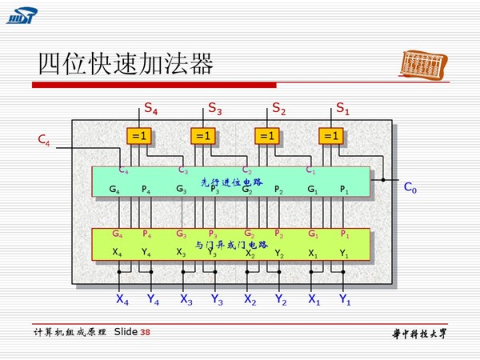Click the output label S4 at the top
pos(150,107)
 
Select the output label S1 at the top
pos(342,107)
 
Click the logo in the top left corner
pos(22,15)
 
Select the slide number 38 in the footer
pos(145,332)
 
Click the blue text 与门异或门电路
pos(231,244)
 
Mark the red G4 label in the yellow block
pos(118,234)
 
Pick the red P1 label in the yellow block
pos(345,234)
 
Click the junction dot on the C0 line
pos(382,180)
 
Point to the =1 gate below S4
pos(140,136)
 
